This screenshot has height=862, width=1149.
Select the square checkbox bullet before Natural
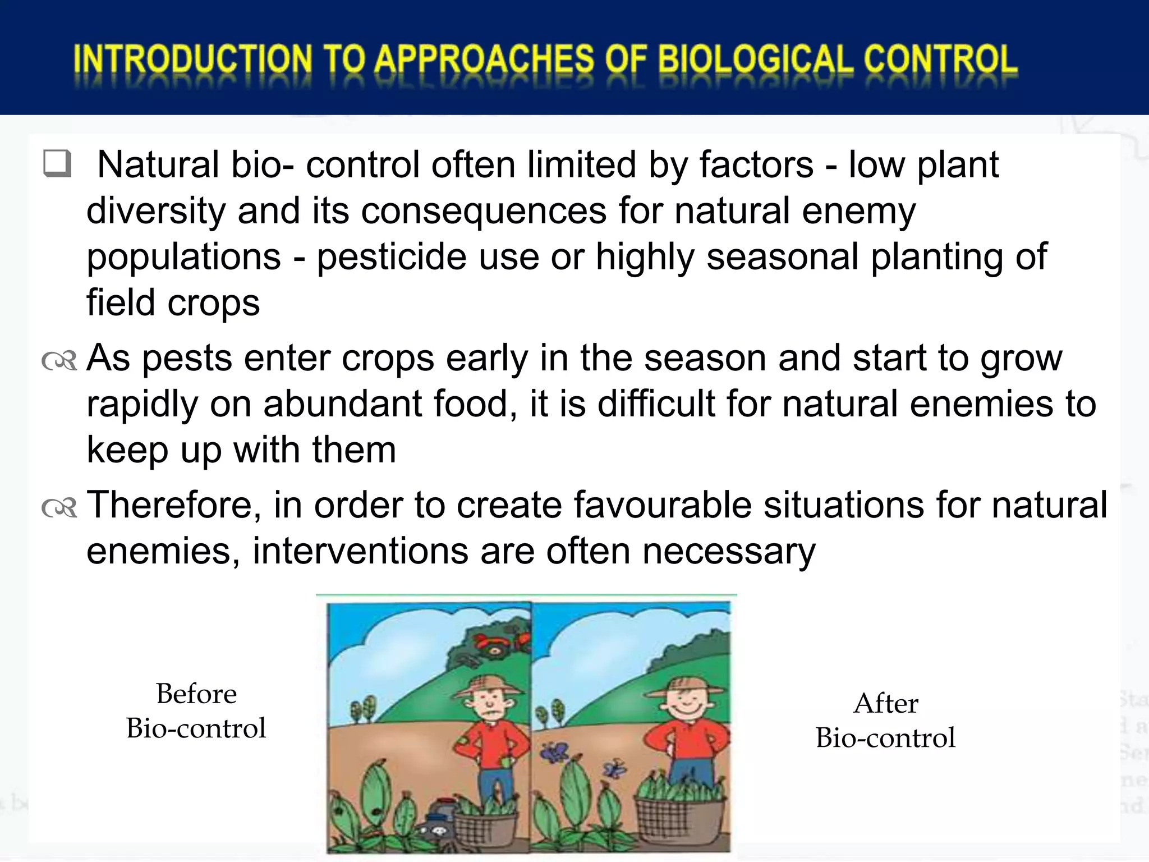(x=57, y=164)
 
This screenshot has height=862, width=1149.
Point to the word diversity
(x=155, y=210)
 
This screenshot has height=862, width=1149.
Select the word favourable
(x=663, y=505)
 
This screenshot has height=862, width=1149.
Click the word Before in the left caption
(x=196, y=694)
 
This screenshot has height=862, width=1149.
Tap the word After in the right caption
(x=885, y=703)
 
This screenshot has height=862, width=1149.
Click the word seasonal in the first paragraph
(x=783, y=256)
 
